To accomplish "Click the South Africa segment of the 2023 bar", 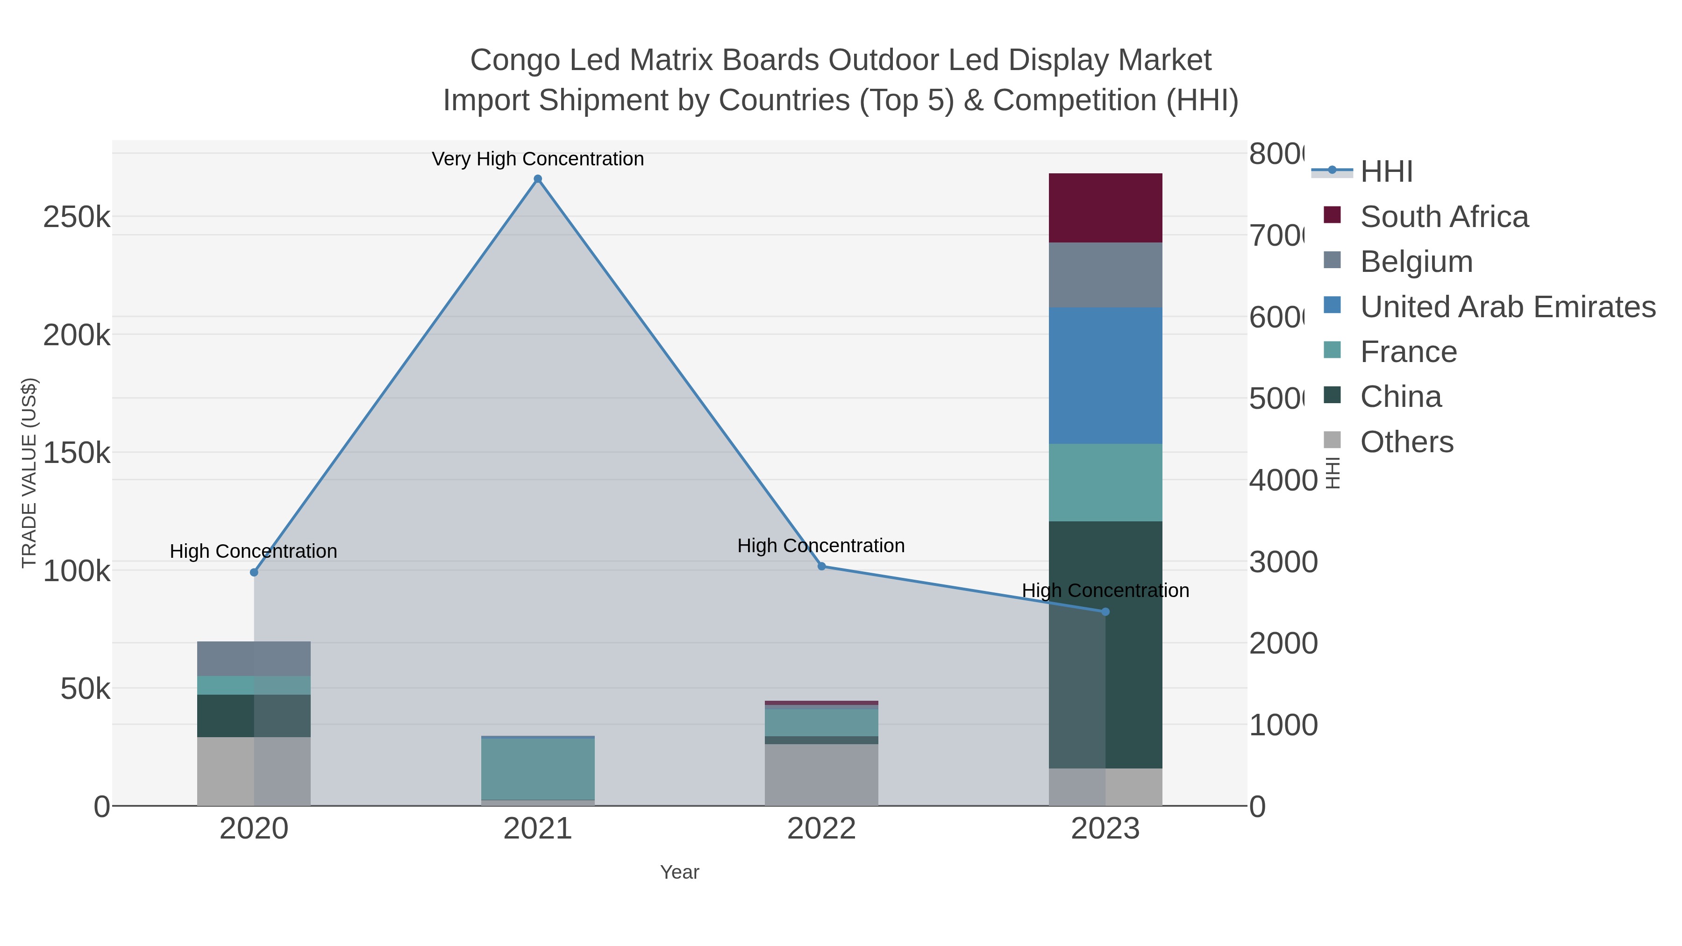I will [1105, 207].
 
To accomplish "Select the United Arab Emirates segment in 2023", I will [1105, 376].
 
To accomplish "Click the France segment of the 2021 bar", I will [537, 768].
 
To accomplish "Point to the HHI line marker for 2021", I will [537, 179].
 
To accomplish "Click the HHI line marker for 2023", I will [1105, 612].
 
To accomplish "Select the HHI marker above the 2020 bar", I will [254, 573].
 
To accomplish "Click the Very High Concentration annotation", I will [537, 159].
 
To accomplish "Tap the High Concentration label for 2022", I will [821, 545].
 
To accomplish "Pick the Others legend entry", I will [1406, 442].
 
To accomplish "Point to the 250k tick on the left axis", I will [77, 217].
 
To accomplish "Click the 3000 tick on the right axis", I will [1283, 562].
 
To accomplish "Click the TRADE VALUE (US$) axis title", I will [29, 473].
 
